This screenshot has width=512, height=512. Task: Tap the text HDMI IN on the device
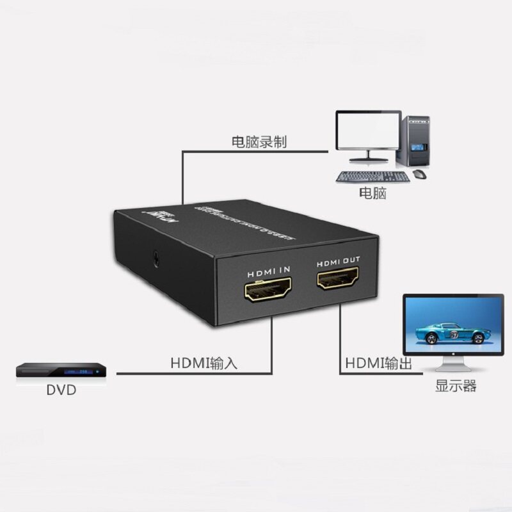pyautogui.click(x=267, y=270)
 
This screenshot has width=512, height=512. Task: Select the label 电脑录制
pyautogui.click(x=259, y=141)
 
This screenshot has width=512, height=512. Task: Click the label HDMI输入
pyautogui.click(x=204, y=363)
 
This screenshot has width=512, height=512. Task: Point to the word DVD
pyautogui.click(x=61, y=389)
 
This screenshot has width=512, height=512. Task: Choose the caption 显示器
pyautogui.click(x=456, y=386)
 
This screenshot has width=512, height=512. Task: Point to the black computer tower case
pyautogui.click(x=415, y=141)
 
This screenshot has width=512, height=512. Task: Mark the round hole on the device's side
pyautogui.click(x=156, y=259)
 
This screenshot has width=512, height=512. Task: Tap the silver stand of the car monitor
pyautogui.click(x=453, y=364)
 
